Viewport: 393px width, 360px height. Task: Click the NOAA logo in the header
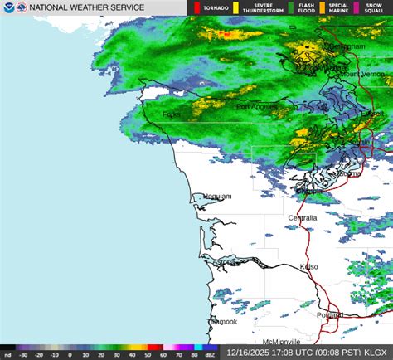[x=8, y=7]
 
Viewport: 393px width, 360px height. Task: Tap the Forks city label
[x=172, y=114]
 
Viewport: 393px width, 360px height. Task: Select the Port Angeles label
[x=253, y=107]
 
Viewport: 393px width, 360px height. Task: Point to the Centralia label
[x=303, y=217]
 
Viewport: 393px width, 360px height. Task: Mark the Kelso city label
[x=310, y=267]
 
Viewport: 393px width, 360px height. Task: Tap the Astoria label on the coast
[x=226, y=262]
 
